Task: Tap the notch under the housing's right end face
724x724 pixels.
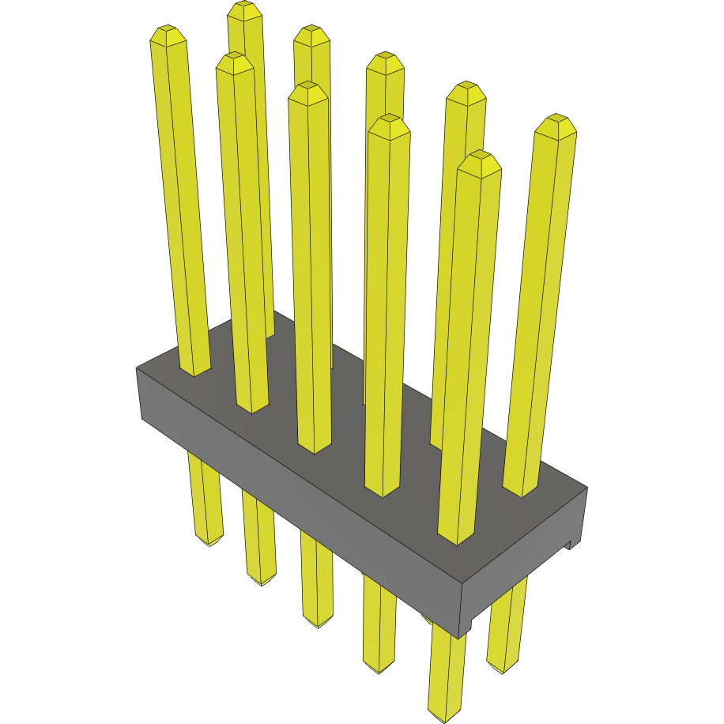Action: click(x=570, y=545)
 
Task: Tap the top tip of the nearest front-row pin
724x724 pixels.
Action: click(x=481, y=158)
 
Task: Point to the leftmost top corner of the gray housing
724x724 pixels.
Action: click(x=137, y=368)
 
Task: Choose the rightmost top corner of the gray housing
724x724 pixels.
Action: click(x=587, y=487)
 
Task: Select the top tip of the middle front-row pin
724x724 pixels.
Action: click(x=308, y=89)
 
